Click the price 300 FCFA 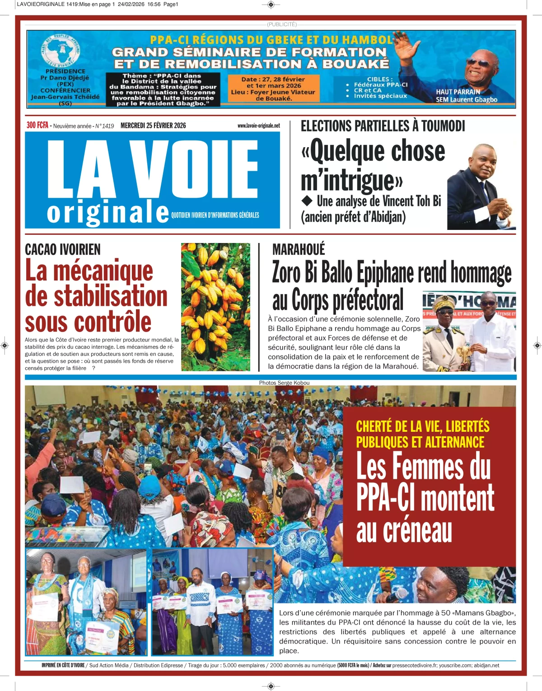(37, 125)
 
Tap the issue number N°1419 (104, 126)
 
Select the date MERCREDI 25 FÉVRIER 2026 (153, 126)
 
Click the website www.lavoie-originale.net (258, 126)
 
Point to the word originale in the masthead (108, 212)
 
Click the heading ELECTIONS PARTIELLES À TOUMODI (383, 126)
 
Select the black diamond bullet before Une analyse (307, 200)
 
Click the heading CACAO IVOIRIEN (63, 249)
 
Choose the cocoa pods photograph (215, 307)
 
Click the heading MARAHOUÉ (299, 249)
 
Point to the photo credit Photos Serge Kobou (284, 383)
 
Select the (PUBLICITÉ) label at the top (281, 24)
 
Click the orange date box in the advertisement (273, 88)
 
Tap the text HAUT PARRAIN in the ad (458, 92)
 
